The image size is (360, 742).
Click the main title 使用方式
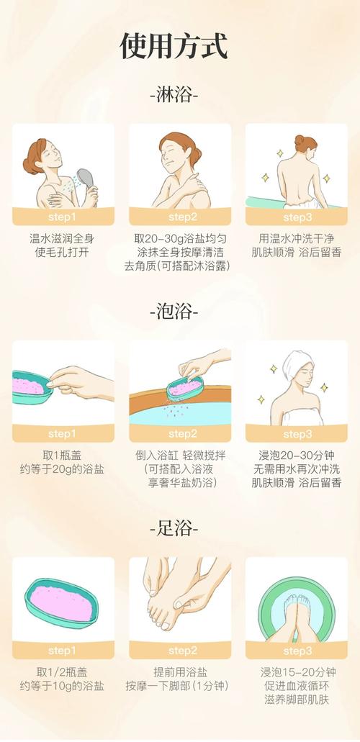(174, 46)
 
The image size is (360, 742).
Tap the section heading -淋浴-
(174, 96)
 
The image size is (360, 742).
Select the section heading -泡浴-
(174, 312)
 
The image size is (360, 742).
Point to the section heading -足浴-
(174, 528)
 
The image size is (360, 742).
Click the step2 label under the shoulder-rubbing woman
(180, 217)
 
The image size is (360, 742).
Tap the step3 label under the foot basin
(297, 651)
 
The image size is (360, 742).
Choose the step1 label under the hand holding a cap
(62, 434)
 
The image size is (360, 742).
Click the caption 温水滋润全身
(62, 239)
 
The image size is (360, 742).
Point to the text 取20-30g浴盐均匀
(179, 239)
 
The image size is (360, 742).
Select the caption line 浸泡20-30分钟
(297, 456)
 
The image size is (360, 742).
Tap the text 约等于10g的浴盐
(62, 686)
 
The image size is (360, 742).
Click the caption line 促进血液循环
(297, 686)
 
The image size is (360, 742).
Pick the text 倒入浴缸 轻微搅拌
(180, 456)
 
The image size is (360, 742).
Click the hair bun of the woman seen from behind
(300, 140)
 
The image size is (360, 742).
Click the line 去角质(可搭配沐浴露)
(177, 266)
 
